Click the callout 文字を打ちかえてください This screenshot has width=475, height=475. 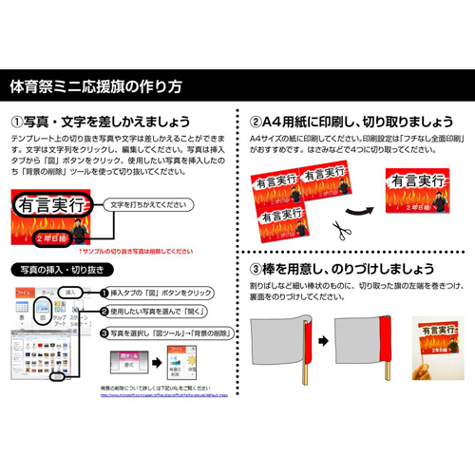point(150,203)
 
